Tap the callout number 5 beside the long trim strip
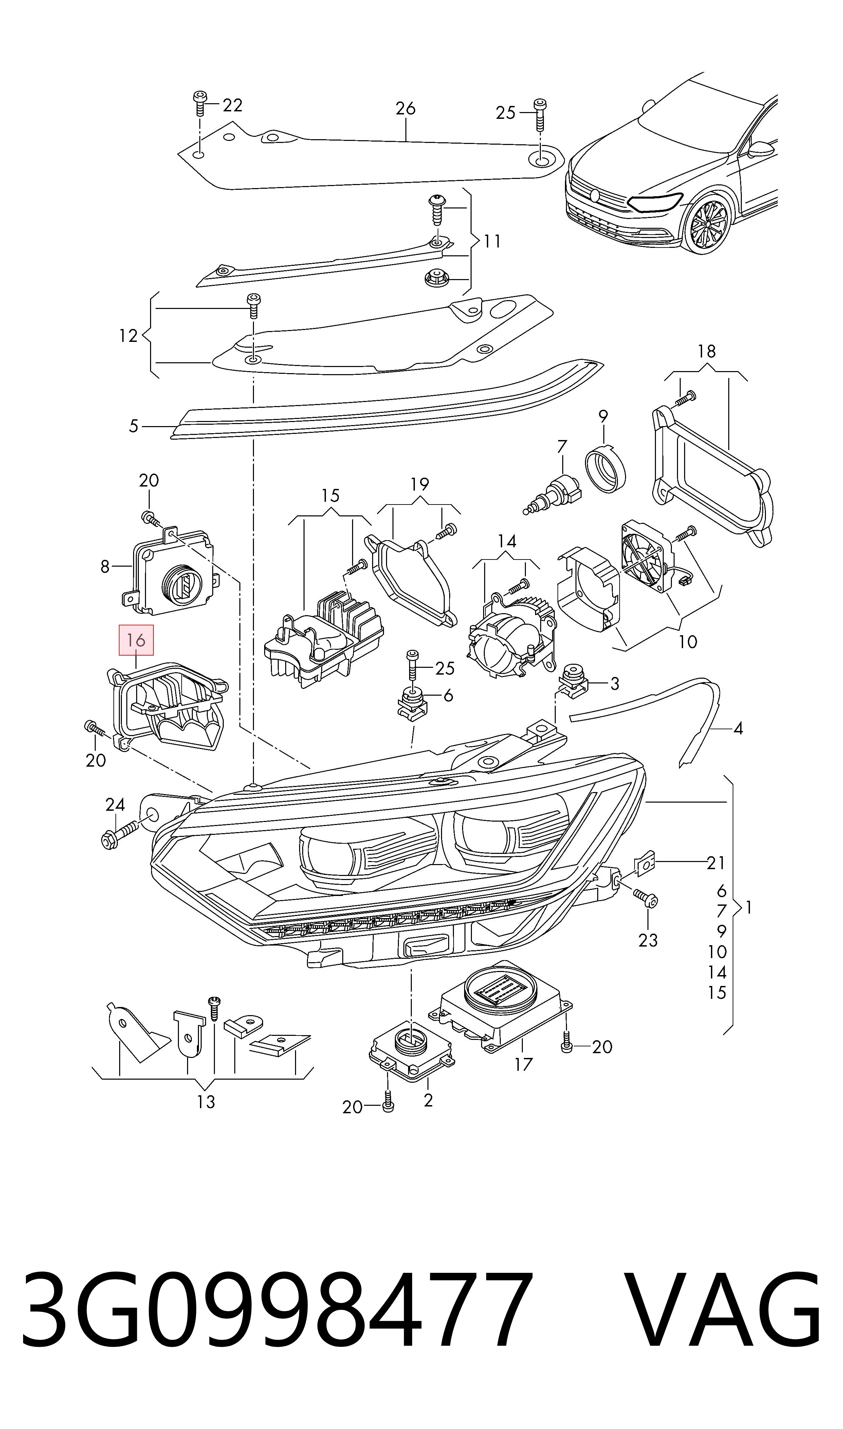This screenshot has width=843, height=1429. [133, 426]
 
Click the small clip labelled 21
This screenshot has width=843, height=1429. [644, 863]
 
